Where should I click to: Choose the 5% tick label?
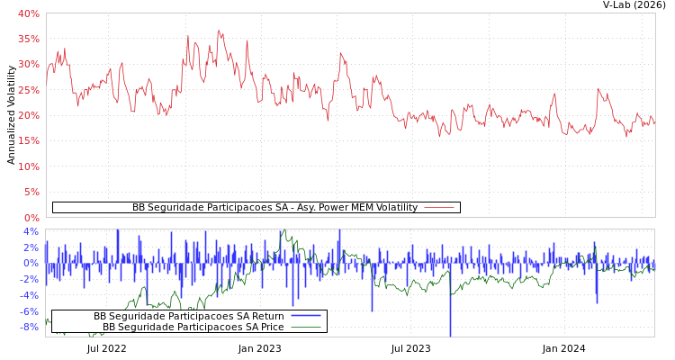31,192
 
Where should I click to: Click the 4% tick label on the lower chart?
31,231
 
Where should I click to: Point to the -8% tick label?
30,327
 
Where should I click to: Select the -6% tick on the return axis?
30,311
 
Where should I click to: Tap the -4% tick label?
30,295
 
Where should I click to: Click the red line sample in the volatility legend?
438,208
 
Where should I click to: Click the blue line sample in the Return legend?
306,317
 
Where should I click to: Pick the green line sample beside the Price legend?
306,327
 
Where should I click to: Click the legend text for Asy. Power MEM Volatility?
274,208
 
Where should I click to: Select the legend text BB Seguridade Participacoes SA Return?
188,317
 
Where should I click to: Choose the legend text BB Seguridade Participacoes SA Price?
193,327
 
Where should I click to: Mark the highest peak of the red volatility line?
218,30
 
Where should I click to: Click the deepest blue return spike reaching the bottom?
450,335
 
